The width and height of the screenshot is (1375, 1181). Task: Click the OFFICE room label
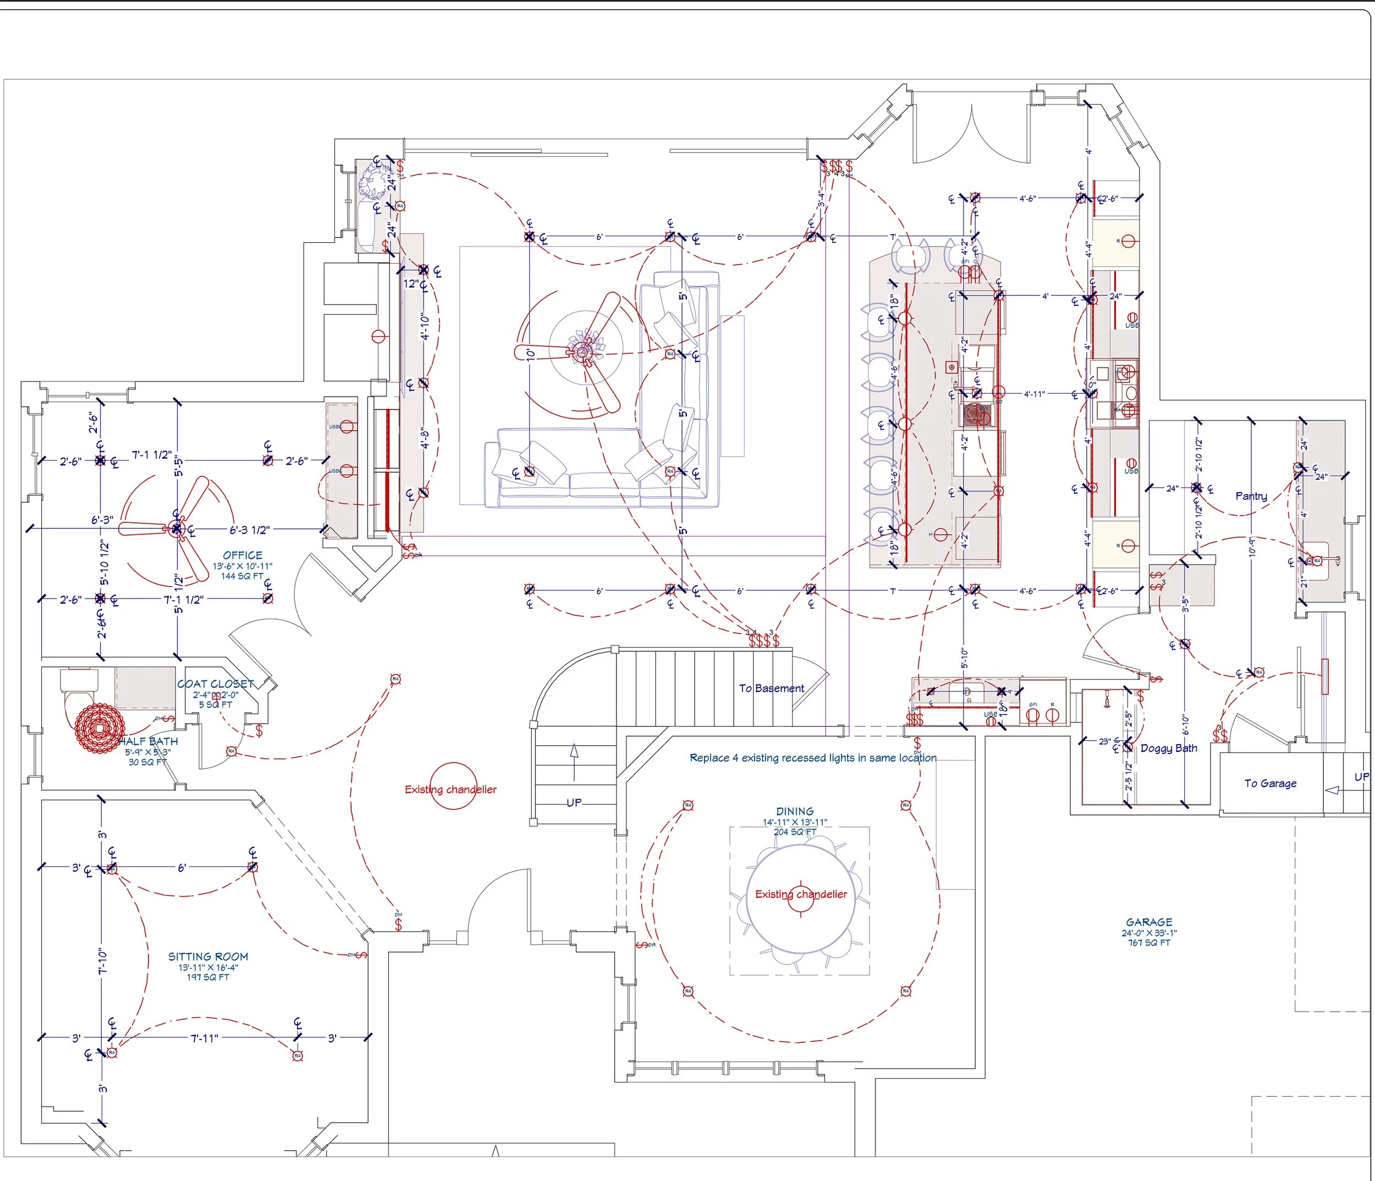point(242,555)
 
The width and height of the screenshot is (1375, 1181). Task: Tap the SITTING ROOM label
point(208,956)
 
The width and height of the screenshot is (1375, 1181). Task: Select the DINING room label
point(794,811)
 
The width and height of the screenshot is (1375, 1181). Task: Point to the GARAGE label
point(1149,922)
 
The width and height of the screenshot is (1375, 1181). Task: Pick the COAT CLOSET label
point(215,684)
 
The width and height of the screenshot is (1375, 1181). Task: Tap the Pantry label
point(1251,496)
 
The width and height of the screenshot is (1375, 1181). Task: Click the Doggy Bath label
point(1169,748)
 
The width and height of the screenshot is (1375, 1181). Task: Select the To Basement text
point(771,688)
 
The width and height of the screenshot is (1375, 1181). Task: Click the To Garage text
point(1270,783)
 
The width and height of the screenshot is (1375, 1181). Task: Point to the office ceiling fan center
point(177,528)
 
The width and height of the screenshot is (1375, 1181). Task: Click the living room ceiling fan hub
point(584,352)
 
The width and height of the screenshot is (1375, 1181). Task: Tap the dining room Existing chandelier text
point(801,894)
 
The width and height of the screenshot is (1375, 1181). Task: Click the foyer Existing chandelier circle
point(453,786)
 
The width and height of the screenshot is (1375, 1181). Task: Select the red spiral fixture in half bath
point(100,729)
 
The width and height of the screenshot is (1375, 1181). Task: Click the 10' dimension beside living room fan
point(531,354)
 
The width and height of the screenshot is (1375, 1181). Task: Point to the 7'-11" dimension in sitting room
point(205,1038)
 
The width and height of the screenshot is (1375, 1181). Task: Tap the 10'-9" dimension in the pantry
point(1252,546)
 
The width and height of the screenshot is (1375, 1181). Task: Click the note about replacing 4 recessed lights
point(813,757)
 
